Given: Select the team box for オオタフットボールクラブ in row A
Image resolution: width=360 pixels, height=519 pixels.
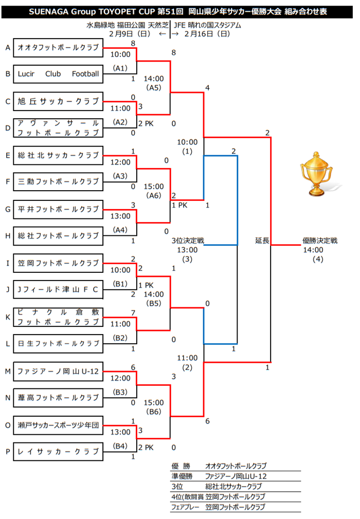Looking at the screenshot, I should click(58, 47).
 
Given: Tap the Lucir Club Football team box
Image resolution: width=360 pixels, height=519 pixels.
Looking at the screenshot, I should click(58, 74).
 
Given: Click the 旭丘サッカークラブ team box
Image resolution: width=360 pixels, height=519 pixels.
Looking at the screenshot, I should click(58, 101).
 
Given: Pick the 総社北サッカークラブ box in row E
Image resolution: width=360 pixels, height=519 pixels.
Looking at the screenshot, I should click(58, 155).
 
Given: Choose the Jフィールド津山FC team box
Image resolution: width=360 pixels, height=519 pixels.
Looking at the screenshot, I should click(58, 290).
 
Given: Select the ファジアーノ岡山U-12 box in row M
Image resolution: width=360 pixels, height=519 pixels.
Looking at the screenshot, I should click(58, 370).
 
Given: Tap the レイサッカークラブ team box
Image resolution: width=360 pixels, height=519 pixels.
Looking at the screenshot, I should click(58, 451).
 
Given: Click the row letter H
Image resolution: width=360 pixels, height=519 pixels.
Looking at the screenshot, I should click(8, 236).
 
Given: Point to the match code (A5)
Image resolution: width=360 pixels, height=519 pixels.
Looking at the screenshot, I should click(153, 88).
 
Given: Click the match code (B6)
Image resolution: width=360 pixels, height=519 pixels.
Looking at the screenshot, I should click(154, 412).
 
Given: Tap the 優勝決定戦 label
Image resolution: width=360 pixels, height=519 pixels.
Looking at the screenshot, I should click(319, 240).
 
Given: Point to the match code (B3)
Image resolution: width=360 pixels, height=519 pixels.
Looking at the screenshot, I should click(121, 392).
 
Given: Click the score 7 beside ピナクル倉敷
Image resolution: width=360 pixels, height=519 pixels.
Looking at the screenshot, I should click(133, 312).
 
